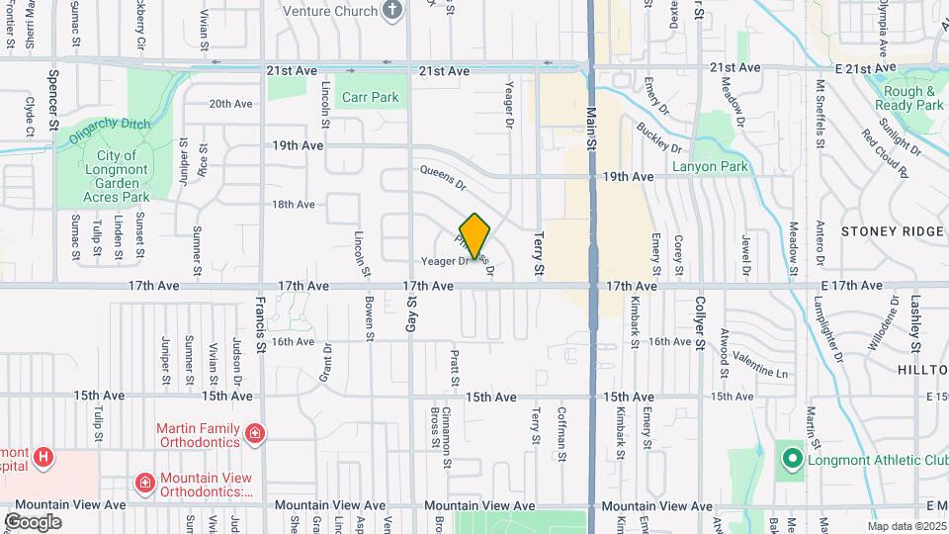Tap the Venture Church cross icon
click(393, 11)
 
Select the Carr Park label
click(371, 98)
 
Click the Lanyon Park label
click(710, 167)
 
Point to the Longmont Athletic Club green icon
click(791, 458)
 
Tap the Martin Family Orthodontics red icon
click(256, 433)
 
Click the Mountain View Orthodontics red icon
click(144, 482)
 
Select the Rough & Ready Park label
click(909, 97)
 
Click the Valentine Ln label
click(761, 367)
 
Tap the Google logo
click(33, 522)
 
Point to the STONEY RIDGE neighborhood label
click(893, 231)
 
